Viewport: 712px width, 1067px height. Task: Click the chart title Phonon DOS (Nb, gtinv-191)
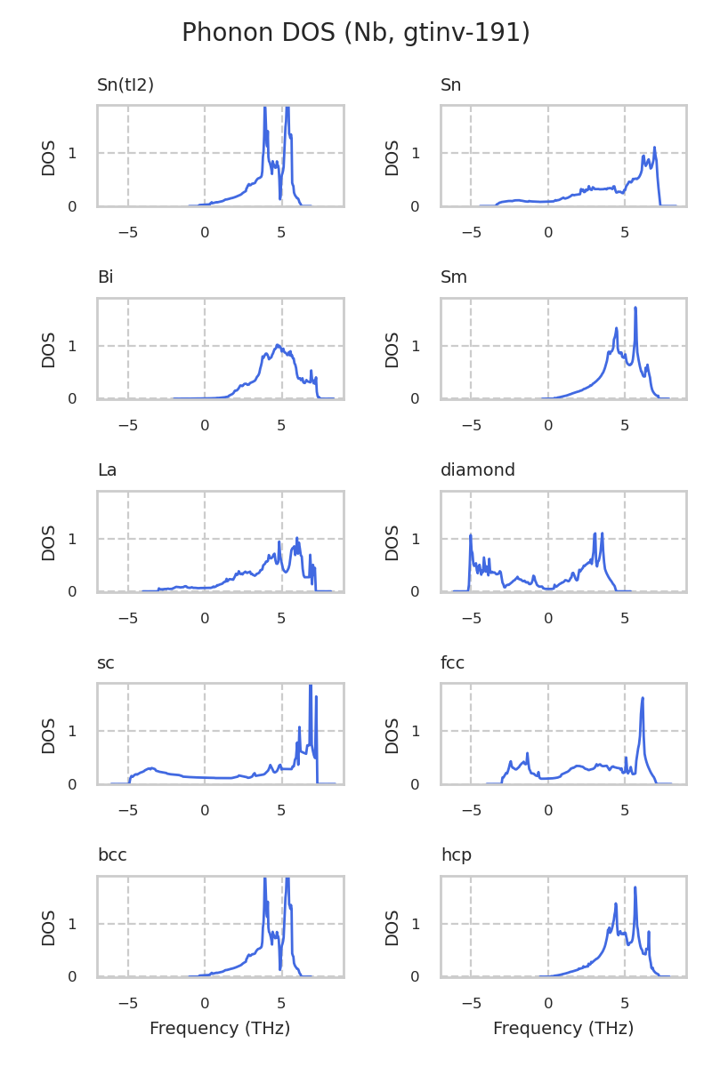(x=356, y=33)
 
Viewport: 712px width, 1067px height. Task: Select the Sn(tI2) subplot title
(x=125, y=85)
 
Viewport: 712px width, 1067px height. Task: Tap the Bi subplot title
(x=105, y=277)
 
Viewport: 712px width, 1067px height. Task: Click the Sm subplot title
(x=454, y=277)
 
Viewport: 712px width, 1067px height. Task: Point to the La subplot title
(x=107, y=470)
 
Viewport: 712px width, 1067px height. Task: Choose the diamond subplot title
(x=478, y=470)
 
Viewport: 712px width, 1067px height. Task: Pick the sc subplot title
(x=106, y=663)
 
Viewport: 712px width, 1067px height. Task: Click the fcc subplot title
(x=452, y=663)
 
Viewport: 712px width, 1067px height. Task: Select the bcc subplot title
(x=112, y=855)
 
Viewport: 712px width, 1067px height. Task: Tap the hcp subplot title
(x=456, y=855)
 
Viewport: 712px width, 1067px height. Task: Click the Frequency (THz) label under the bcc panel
(x=220, y=1029)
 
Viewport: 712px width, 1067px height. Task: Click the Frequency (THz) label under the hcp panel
(x=563, y=1029)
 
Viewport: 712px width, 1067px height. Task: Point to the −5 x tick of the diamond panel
(x=471, y=618)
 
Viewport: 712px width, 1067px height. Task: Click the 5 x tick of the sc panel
(x=281, y=811)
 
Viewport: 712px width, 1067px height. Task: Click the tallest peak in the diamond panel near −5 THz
(x=470, y=535)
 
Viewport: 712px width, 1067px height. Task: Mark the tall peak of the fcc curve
(x=643, y=698)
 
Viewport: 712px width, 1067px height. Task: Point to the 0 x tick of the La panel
(x=205, y=618)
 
